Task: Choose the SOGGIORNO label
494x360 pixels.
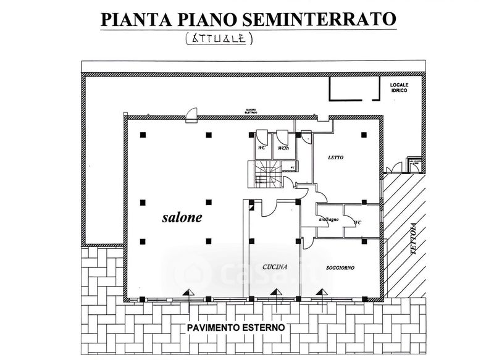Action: [342, 267]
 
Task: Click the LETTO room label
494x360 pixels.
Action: [335, 157]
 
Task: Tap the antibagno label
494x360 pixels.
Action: [327, 220]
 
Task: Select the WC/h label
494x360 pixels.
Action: [283, 148]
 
